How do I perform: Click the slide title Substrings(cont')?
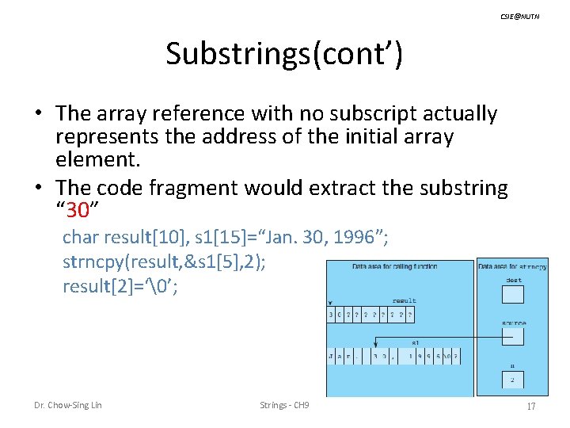(x=284, y=54)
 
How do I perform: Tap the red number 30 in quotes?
(x=78, y=210)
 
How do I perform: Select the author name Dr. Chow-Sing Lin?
(x=67, y=406)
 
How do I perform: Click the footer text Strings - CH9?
(x=284, y=406)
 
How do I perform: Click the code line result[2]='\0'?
(x=120, y=286)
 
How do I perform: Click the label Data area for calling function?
(x=394, y=266)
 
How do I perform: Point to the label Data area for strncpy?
(x=512, y=266)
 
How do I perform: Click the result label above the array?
(x=404, y=301)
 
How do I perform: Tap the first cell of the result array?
(x=332, y=315)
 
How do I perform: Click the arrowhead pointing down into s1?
(x=374, y=347)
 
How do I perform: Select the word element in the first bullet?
(x=97, y=159)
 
